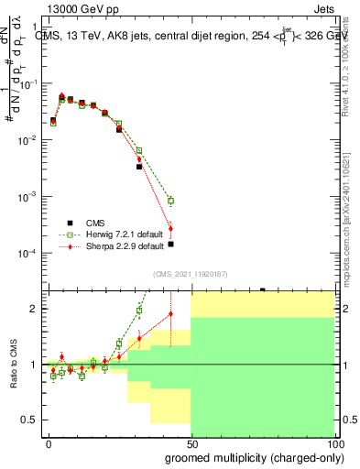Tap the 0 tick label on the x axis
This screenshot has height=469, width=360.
pyautogui.click(x=49, y=443)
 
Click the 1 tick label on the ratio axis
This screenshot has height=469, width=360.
pyautogui.click(x=36, y=365)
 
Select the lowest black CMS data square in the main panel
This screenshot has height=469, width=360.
pyautogui.click(x=170, y=244)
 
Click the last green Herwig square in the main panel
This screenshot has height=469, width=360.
pyautogui.click(x=170, y=201)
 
